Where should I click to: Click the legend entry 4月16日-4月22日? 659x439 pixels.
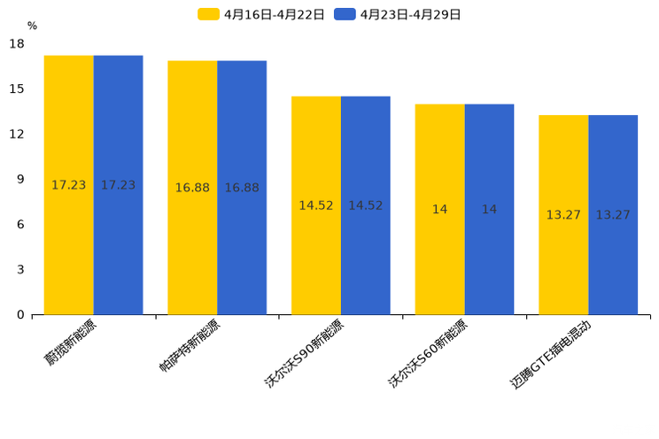pos(261,14)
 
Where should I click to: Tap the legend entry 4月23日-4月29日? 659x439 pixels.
pos(398,14)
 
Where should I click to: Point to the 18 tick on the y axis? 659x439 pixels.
pos(17,43)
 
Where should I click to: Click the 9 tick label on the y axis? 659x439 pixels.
pos(20,180)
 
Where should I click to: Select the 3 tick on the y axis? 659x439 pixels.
pos(20,270)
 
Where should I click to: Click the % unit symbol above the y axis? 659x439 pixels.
pos(32,27)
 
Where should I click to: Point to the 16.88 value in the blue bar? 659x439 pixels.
pos(242,188)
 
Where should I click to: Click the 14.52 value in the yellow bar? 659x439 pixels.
pos(316,205)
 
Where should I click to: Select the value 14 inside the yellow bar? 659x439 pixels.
pos(439,210)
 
